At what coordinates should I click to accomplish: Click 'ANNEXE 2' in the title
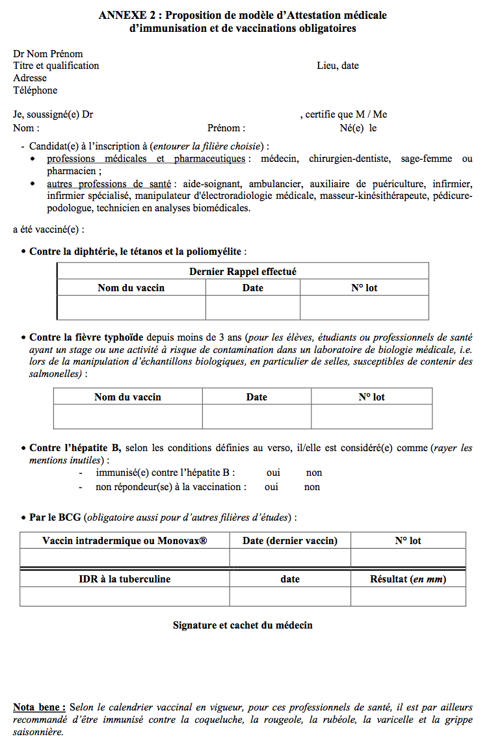[126, 15]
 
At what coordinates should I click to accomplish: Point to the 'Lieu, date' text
[337, 66]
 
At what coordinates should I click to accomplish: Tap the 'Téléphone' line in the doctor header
[35, 90]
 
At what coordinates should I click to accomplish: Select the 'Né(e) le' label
[358, 128]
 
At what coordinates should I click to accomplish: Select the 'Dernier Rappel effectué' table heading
[243, 272]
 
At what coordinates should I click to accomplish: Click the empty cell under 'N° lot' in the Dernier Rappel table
[364, 307]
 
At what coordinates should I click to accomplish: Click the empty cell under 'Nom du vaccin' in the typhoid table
[127, 417]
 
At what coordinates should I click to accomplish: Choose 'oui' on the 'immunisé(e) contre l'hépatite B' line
[273, 473]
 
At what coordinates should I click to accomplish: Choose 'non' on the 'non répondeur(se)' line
[312, 487]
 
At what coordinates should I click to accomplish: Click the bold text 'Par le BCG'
[55, 517]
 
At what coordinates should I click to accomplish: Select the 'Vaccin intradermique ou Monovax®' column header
[124, 541]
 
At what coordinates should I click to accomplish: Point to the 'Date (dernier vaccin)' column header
[290, 541]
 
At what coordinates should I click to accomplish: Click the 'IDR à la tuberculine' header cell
[124, 579]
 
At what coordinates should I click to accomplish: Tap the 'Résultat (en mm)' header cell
[408, 579]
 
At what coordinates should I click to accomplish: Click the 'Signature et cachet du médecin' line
[243, 625]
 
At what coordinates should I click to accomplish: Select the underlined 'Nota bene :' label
[39, 707]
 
